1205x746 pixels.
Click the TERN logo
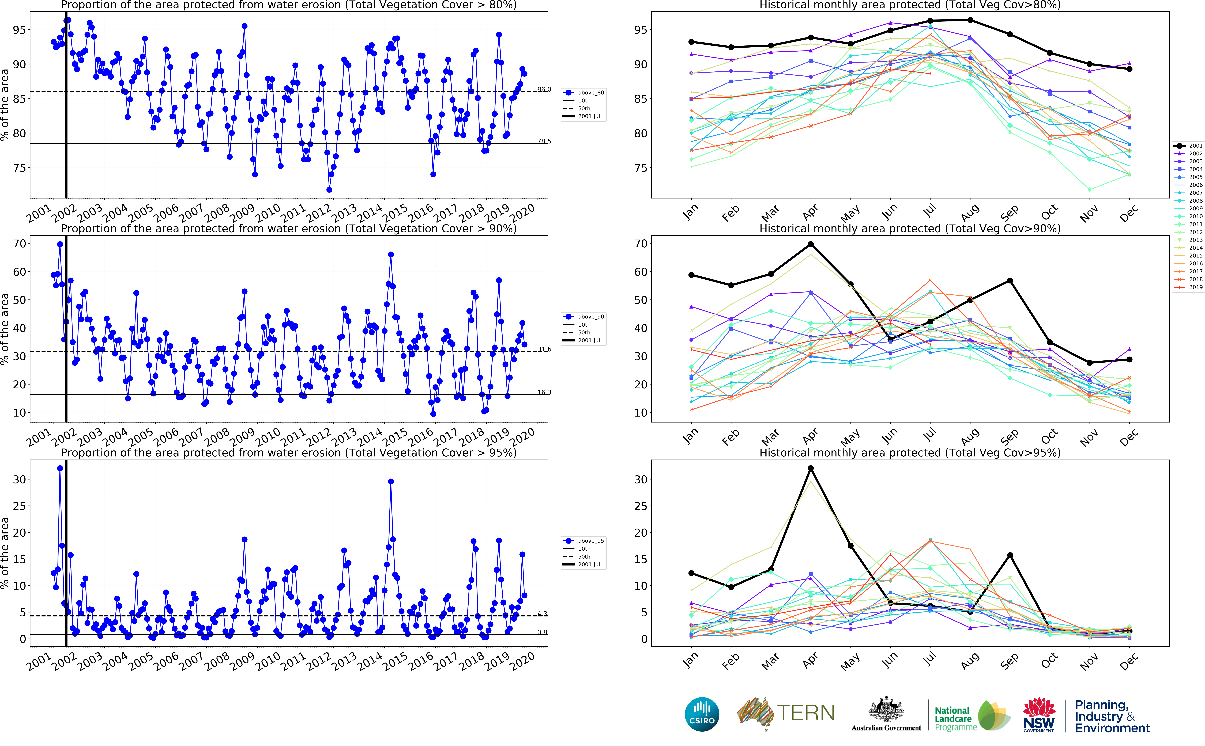[786, 713]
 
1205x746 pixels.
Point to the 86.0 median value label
[544, 89]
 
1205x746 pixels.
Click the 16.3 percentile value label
[544, 392]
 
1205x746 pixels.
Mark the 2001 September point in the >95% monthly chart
[1010, 555]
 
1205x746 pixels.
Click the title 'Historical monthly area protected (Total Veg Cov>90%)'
[910, 228]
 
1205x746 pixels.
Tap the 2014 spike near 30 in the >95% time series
[390, 481]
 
